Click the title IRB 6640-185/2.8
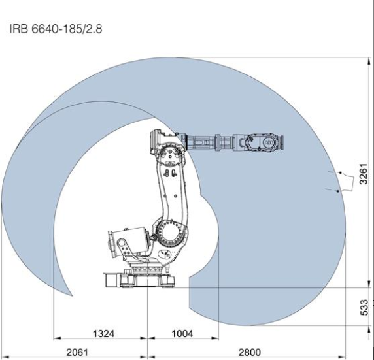tap(56, 29)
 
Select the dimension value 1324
tap(103, 334)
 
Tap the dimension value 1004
tap(182, 334)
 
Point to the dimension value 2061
tap(77, 352)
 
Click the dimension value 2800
tap(250, 352)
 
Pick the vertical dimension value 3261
tap(364, 174)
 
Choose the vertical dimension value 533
tap(364, 307)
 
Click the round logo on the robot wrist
tap(268, 142)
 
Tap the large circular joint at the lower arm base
tap(169, 233)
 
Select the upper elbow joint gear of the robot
tap(170, 156)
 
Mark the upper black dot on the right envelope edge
tap(341, 172)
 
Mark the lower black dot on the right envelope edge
tap(337, 191)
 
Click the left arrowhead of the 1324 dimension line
tap(57, 338)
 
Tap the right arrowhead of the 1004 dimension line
tap(215, 338)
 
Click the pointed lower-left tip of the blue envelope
tap(72, 295)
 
